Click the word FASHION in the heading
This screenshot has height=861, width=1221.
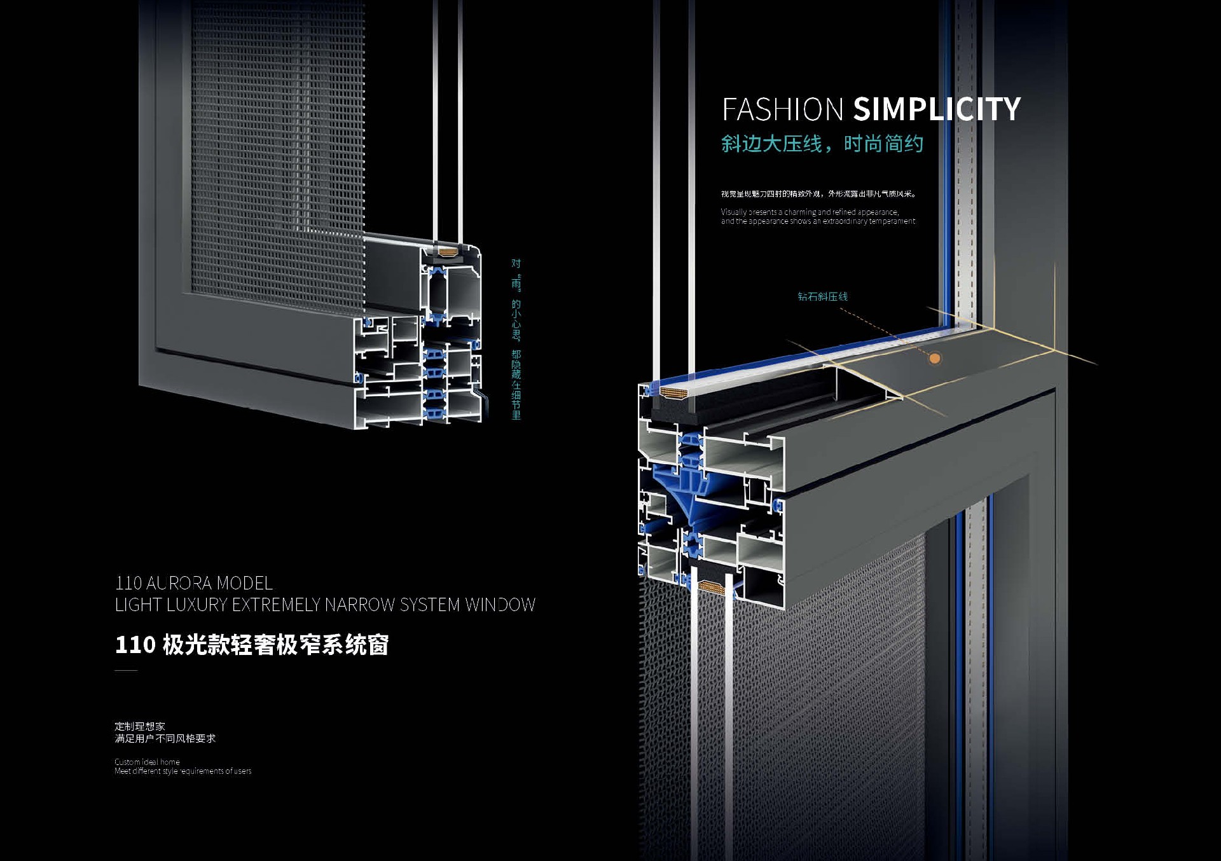[x=782, y=109]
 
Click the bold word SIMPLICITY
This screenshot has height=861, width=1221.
[x=936, y=109]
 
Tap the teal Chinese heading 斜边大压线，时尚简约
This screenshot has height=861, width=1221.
[x=822, y=144]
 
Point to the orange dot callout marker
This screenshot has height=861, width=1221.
[x=934, y=359]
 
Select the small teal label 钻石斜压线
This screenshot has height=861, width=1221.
[x=822, y=296]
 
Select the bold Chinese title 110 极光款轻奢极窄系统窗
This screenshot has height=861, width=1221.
[x=252, y=645]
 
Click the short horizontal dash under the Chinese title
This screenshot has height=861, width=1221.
[x=126, y=670]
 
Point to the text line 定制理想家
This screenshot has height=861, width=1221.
[x=140, y=726]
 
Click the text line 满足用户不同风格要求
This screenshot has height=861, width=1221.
[x=165, y=738]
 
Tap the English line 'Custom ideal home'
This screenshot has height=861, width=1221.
[x=147, y=762]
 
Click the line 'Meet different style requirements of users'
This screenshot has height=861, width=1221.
[x=183, y=771]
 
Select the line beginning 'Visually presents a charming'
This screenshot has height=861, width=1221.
[x=810, y=212]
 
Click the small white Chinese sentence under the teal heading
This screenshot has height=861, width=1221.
[x=818, y=194]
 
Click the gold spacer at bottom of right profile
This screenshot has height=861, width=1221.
[x=711, y=587]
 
